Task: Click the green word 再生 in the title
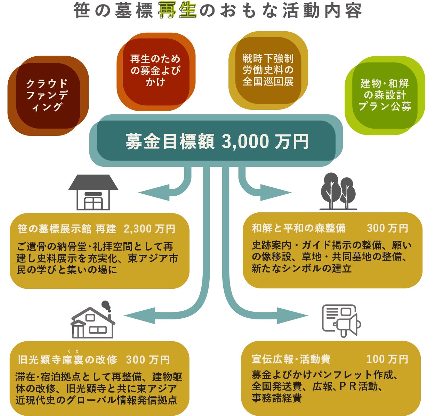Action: point(177,11)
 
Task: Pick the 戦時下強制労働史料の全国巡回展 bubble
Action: point(268,70)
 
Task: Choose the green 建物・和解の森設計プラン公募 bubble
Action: point(385,95)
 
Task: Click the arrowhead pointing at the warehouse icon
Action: point(148,192)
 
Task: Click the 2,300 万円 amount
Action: point(150,229)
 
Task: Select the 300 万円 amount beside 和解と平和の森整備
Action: point(387,228)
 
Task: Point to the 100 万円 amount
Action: point(387,359)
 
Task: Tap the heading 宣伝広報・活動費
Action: point(291,359)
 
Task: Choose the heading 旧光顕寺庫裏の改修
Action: point(67,360)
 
